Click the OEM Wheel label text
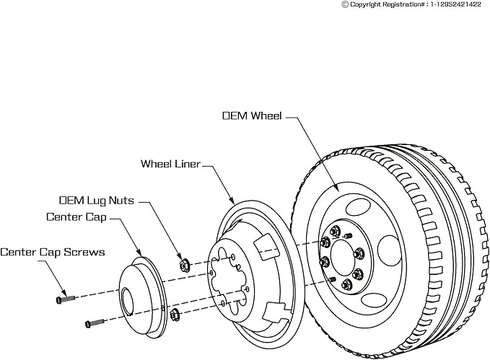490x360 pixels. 252,115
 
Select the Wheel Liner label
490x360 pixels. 170,164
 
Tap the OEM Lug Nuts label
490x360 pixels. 97,201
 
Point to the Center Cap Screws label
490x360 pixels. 53,252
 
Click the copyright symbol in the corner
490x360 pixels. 345,4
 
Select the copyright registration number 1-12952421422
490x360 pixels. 455,4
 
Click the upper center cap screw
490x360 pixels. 66,299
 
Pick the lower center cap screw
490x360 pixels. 95,323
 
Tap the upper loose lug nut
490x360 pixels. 184,265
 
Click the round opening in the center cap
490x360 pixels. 128,301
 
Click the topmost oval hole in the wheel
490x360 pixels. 358,207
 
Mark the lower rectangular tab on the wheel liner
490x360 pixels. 276,312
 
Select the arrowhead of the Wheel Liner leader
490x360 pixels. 232,201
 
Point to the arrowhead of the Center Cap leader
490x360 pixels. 139,253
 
